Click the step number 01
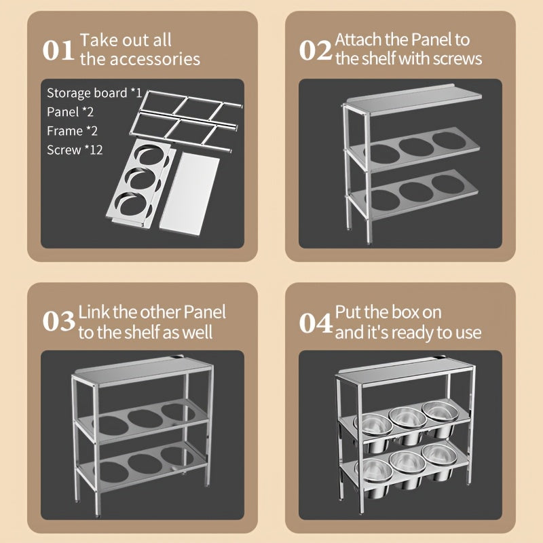point(58,50)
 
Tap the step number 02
point(316,50)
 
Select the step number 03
point(58,322)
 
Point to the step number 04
point(316,322)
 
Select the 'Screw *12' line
point(75,149)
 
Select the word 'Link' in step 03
point(94,312)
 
